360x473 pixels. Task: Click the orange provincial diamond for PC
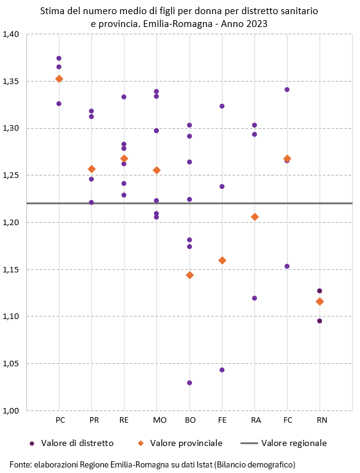(x=59, y=79)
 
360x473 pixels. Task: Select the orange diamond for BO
(x=190, y=275)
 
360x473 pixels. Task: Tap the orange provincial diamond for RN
(x=320, y=301)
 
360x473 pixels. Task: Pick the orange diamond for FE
(x=222, y=260)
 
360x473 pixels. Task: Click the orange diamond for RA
(x=255, y=217)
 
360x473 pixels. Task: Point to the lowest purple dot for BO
(x=190, y=383)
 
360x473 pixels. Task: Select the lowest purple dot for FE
(x=222, y=370)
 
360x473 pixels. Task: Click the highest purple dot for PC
(x=59, y=58)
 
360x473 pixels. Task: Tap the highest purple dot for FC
(x=287, y=90)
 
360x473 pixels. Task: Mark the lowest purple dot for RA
(x=255, y=298)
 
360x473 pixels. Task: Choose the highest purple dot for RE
(x=124, y=97)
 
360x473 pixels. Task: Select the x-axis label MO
(x=159, y=420)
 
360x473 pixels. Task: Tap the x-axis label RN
(x=321, y=420)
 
